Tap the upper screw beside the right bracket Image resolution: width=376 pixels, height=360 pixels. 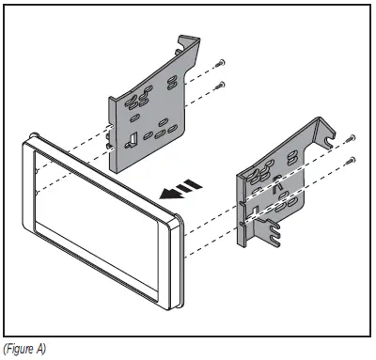point(351,136)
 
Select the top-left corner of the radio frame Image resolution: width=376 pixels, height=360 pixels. point(25,139)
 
